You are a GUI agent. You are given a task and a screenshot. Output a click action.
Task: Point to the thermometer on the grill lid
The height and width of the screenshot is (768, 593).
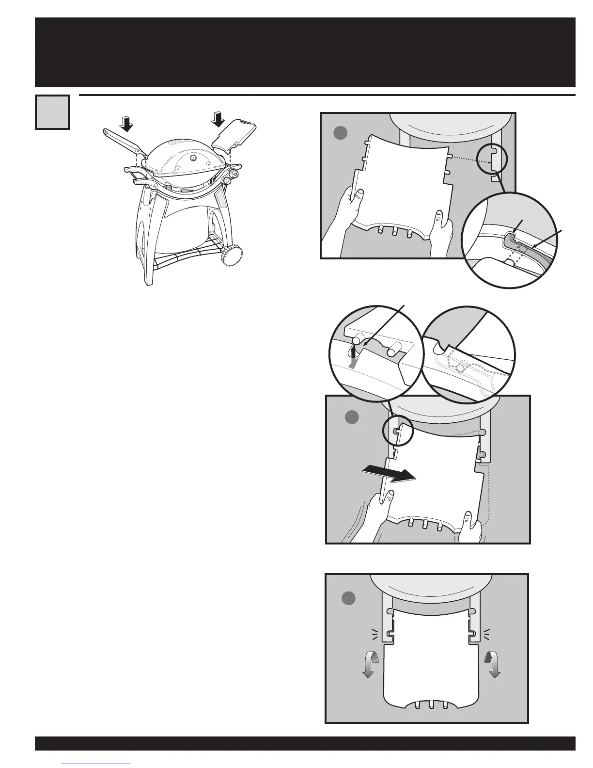click(193, 158)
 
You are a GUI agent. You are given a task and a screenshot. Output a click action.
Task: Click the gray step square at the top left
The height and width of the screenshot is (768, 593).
click(52, 112)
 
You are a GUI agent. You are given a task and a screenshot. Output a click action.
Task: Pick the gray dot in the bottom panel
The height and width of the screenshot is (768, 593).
click(349, 598)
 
